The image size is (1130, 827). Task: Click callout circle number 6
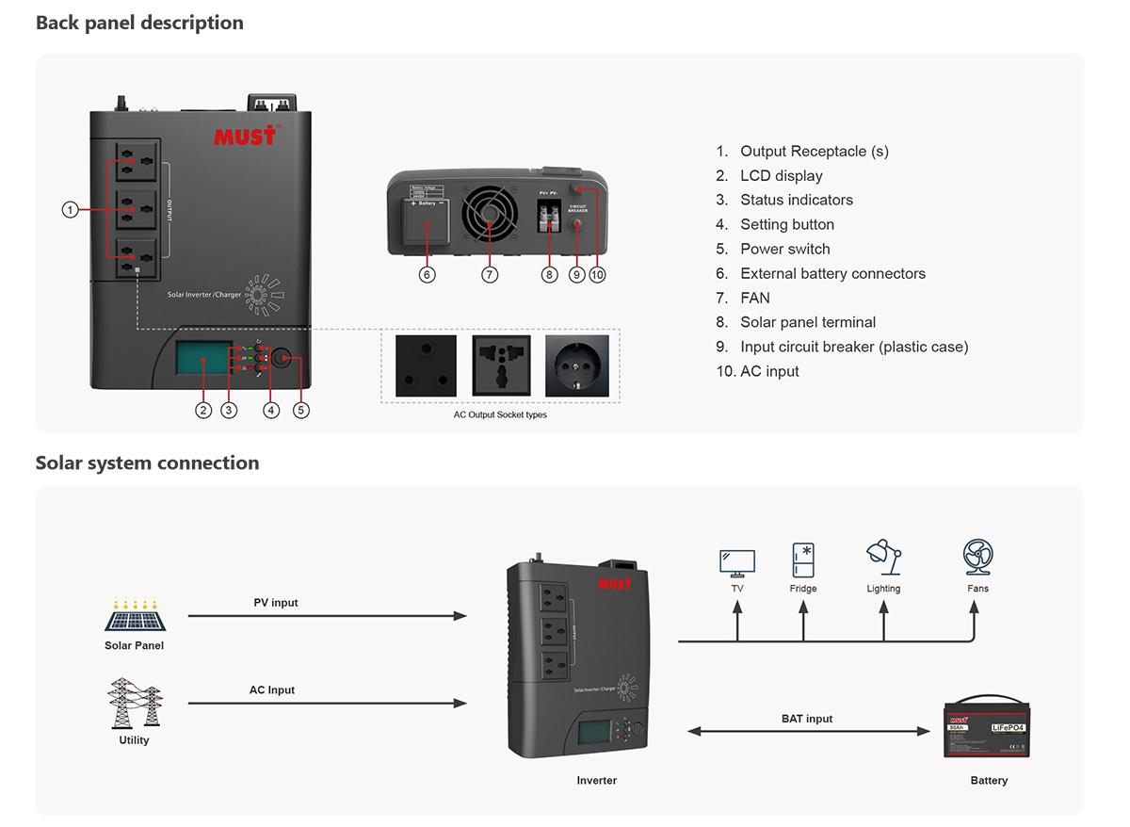428,275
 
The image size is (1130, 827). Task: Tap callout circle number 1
70,209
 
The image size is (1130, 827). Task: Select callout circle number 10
598,275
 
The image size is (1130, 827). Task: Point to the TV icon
736,563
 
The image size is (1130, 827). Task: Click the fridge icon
803,559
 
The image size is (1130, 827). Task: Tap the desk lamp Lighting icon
883,558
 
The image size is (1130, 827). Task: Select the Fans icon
977,558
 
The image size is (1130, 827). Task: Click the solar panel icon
134,618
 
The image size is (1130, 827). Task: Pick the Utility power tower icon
134,704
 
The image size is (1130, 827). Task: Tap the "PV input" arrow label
276,603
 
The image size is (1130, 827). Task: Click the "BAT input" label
807,719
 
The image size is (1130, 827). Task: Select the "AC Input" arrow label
272,690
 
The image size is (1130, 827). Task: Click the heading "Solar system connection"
147,462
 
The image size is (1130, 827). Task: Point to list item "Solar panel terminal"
808,322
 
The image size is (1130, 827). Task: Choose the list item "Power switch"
785,249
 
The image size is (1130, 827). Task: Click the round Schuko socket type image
577,365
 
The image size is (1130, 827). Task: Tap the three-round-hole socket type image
426,365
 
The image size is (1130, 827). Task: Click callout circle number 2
203,410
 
